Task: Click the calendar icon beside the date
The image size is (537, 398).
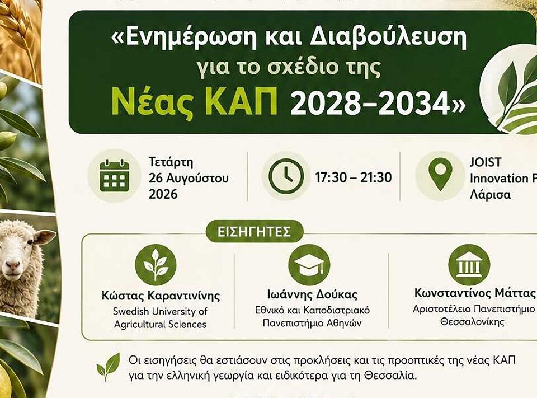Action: click(x=114, y=176)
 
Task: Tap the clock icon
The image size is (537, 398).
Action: click(x=286, y=176)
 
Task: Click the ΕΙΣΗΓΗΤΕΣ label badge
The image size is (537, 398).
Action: click(x=255, y=231)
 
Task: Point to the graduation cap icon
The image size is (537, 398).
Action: click(x=309, y=265)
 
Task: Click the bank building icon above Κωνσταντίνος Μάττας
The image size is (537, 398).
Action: click(x=469, y=265)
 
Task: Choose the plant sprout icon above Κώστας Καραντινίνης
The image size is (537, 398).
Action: click(x=156, y=265)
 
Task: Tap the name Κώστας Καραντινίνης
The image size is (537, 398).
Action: click(x=161, y=296)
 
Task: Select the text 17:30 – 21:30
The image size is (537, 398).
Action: click(x=354, y=177)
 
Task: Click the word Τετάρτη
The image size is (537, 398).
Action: click(x=171, y=162)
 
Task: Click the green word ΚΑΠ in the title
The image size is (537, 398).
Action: click(x=242, y=103)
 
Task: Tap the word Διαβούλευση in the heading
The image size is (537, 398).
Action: click(x=388, y=38)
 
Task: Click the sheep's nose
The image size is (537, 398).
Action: click(x=13, y=265)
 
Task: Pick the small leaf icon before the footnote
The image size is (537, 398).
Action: click(x=108, y=367)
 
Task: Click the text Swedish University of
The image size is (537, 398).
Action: click(x=160, y=311)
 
